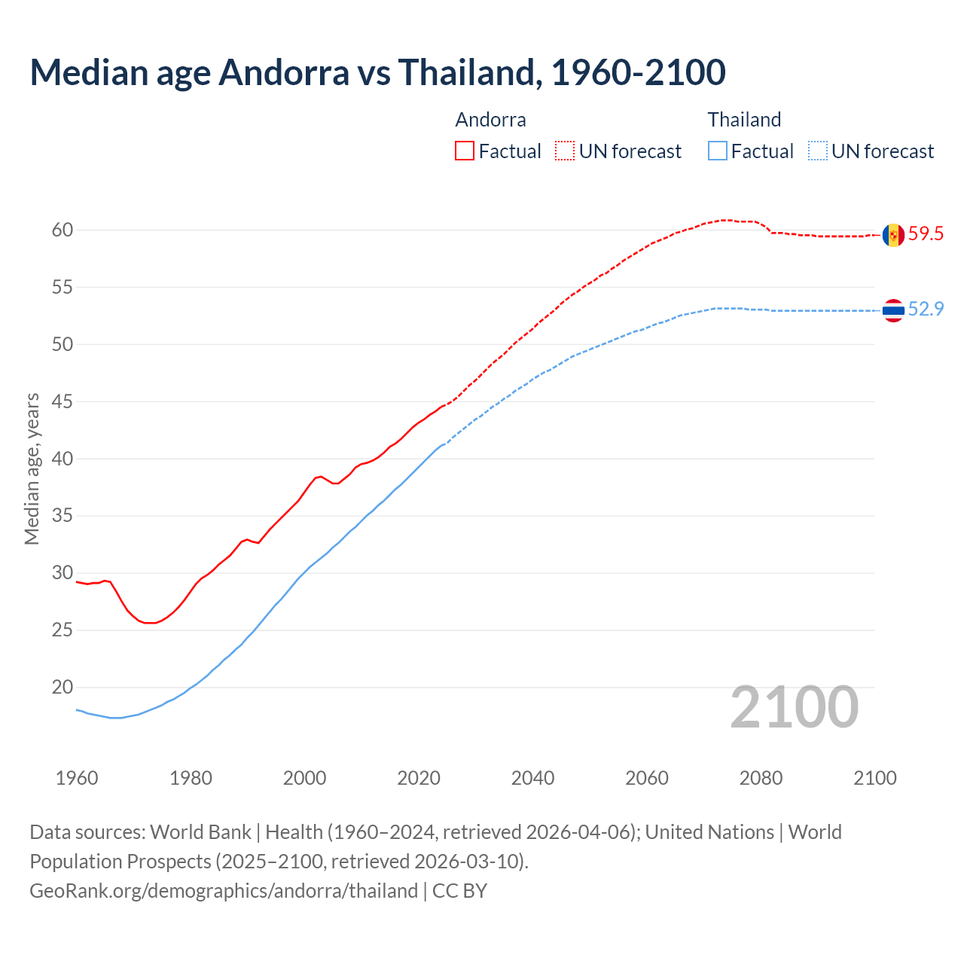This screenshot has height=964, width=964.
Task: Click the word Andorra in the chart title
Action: click(x=284, y=72)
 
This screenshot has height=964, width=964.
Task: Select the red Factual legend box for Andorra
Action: click(x=465, y=151)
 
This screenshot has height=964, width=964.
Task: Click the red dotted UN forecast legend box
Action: click(x=565, y=151)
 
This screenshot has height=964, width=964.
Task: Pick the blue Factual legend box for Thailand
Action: click(x=718, y=151)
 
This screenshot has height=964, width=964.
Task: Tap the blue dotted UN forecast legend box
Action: click(x=817, y=151)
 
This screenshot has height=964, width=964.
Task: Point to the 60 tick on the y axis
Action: click(x=63, y=230)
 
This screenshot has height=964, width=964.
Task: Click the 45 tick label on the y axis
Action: click(x=63, y=402)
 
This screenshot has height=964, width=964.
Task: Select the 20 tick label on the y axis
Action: click(x=63, y=688)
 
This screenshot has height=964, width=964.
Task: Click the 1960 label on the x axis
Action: click(x=77, y=778)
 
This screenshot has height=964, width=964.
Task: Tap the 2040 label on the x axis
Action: click(x=532, y=778)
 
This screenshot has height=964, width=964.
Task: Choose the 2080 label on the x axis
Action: click(x=761, y=778)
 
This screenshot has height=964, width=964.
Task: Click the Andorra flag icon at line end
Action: click(x=893, y=235)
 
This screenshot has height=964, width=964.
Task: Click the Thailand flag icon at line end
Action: click(x=893, y=310)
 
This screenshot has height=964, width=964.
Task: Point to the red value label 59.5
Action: click(x=926, y=234)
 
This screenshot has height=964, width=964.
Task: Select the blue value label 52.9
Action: click(x=926, y=310)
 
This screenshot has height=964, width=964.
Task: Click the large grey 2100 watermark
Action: click(x=795, y=707)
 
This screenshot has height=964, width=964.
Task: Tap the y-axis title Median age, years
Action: click(x=32, y=468)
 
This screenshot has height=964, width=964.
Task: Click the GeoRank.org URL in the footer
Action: click(x=223, y=891)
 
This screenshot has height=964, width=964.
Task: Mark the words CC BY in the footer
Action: click(x=459, y=891)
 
